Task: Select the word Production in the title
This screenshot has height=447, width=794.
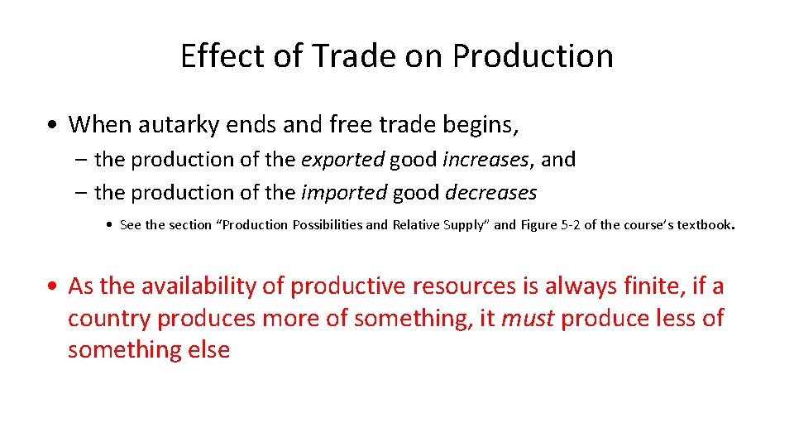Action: click(533, 56)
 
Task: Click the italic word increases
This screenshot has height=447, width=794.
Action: click(483, 159)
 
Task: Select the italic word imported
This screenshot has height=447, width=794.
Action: click(343, 193)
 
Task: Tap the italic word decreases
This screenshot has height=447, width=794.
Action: click(491, 193)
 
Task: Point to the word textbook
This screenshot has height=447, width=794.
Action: click(704, 225)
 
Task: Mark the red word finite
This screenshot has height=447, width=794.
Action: click(653, 286)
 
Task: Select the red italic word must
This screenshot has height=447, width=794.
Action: click(529, 318)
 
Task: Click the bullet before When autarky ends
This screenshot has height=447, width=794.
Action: click(52, 126)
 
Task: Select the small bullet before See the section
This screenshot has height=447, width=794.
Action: click(111, 225)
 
